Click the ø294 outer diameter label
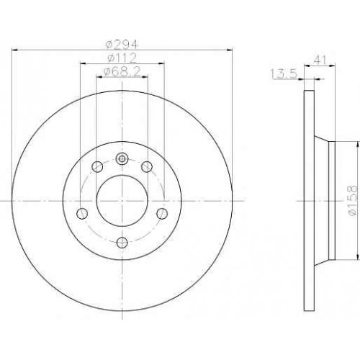122,44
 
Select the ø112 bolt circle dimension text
122,58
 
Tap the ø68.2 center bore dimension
122,71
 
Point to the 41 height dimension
320,60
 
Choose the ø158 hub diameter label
354,201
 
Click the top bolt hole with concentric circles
122,158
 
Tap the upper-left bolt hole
97,166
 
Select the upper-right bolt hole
147,166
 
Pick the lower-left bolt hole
82,213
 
